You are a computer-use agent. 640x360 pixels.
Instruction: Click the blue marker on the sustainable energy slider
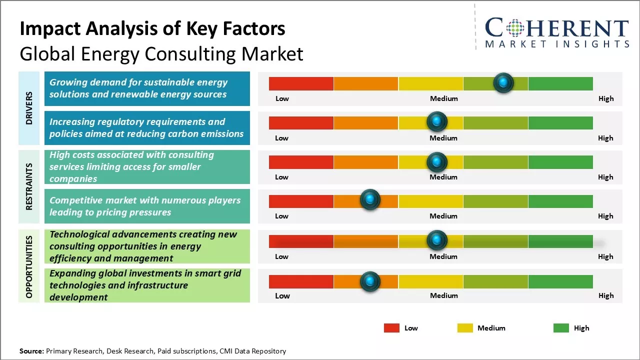pos(503,82)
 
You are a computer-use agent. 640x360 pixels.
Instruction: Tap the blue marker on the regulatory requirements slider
pos(437,121)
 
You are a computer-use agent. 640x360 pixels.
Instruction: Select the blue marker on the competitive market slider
pos(370,200)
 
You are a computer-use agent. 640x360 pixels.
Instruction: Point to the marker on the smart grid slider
pos(370,281)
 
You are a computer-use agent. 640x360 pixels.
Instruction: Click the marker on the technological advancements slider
pos(437,240)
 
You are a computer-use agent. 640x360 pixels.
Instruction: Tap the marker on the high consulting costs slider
pos(437,161)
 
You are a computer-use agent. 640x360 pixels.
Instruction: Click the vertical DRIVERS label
pos(29,108)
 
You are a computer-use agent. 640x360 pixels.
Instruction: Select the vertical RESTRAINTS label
pos(29,186)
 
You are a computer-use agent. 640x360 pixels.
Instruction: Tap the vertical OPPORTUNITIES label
pos(29,266)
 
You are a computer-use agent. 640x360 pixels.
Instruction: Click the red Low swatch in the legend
pos(391,328)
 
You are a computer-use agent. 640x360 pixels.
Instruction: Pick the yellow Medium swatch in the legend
pos(465,328)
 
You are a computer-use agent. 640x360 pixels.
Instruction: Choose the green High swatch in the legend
pos(561,328)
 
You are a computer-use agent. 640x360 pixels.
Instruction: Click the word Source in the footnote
pos(31,351)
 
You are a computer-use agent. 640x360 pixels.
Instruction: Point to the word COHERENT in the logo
pos(557,28)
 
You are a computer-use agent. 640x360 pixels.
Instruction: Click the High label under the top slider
pos(606,98)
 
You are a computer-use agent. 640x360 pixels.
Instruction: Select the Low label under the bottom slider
pos(282,295)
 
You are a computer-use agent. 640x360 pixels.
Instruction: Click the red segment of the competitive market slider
pos(301,201)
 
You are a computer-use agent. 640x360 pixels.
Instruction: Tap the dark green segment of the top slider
pos(560,83)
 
